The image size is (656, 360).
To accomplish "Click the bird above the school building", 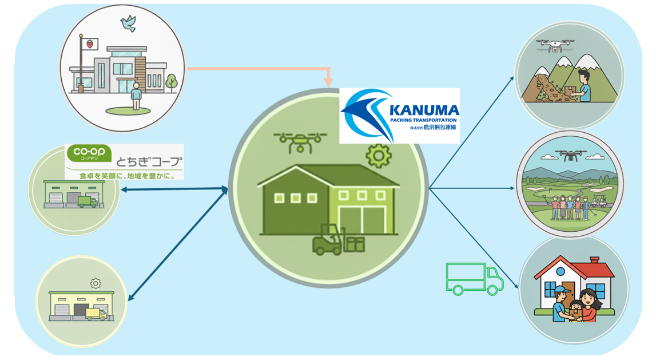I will (x=128, y=23).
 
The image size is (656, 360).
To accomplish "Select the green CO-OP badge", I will (x=84, y=154).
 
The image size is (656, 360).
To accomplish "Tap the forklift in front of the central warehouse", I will (x=328, y=240).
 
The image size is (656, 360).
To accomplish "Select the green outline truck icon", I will (x=474, y=279).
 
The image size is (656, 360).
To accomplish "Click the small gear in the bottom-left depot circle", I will (x=96, y=283).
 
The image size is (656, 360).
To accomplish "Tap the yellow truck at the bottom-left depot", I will (x=96, y=314).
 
